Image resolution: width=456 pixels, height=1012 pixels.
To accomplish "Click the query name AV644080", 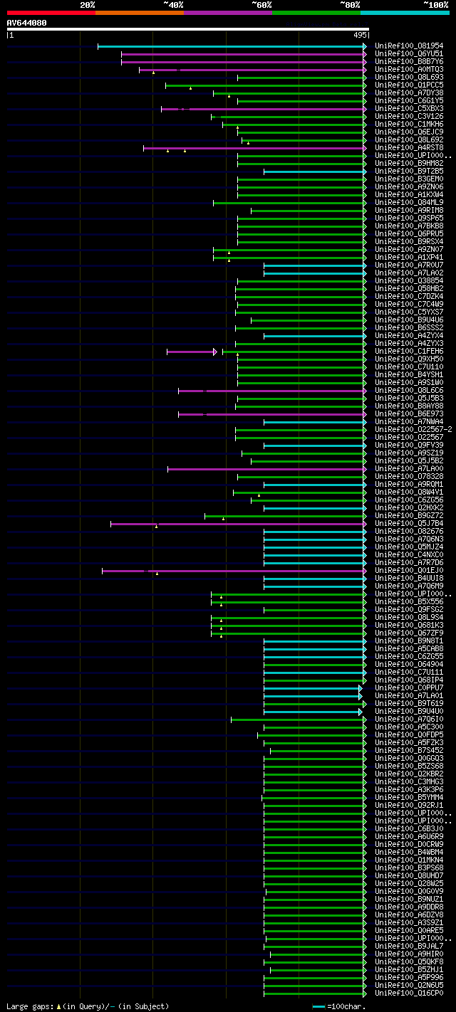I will tap(27, 22).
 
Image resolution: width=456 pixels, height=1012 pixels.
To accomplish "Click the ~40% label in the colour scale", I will tap(173, 4).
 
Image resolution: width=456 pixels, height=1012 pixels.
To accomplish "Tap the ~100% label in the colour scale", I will tap(435, 4).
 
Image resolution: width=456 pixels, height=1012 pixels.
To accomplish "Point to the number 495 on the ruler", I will tap(359, 34).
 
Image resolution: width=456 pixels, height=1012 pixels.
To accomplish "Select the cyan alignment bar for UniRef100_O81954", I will tap(232, 46).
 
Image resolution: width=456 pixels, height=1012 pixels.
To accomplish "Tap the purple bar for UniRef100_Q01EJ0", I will tap(235, 571).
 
